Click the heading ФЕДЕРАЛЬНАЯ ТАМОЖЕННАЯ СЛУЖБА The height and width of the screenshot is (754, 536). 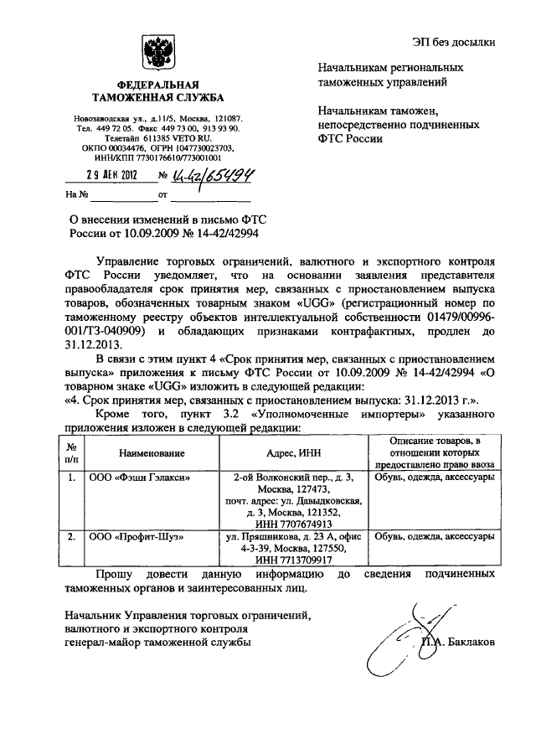pyautogui.click(x=157, y=92)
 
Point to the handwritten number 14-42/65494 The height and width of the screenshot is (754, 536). pyautogui.click(x=214, y=174)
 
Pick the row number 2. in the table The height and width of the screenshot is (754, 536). pyautogui.click(x=73, y=535)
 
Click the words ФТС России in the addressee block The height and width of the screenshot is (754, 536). pyautogui.click(x=345, y=138)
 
